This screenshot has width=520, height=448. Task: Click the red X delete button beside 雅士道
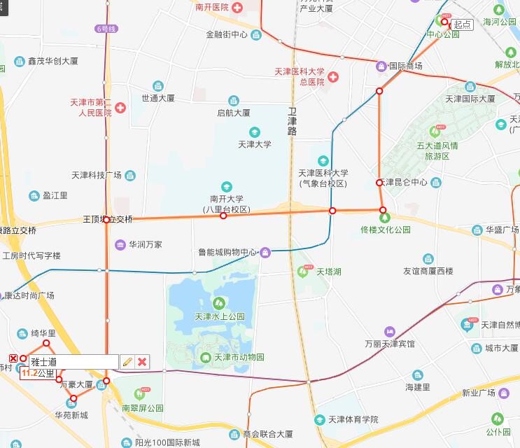point(142,361)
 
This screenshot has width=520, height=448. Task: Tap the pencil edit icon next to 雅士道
point(127,361)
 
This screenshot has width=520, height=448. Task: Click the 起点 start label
point(462,24)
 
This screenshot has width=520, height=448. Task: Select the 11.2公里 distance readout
point(38,373)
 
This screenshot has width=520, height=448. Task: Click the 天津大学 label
point(255,144)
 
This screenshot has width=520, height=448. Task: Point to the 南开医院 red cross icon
point(237,8)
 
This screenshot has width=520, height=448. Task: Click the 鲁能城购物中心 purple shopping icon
point(265,252)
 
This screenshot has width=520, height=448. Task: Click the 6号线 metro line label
point(106,29)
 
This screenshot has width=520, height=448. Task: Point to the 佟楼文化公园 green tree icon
point(384,218)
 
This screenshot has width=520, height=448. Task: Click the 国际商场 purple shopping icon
point(381,66)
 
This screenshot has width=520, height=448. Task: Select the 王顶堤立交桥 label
point(107,219)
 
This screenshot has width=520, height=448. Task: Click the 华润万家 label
point(145,244)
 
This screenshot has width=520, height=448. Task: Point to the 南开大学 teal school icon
point(226,186)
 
